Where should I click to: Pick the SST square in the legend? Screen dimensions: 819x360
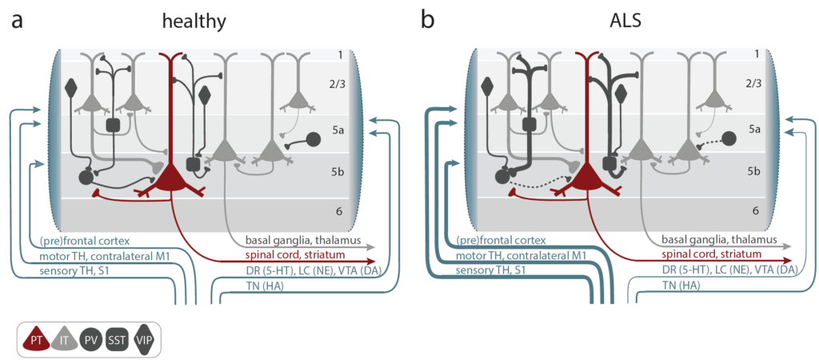pos(116,338)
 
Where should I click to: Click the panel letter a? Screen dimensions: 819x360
pos(18,22)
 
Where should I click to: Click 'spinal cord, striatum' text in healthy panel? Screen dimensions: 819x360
pos(290,255)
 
